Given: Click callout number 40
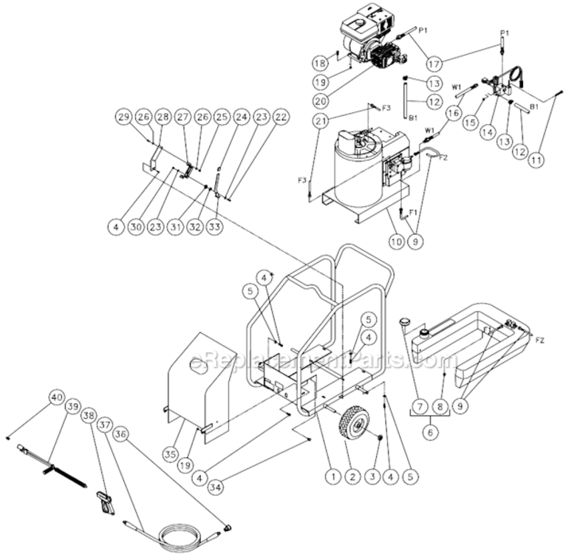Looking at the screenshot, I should coord(55,397).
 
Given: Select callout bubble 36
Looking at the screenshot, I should coord(121,436).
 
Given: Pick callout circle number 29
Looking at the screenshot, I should coord(123,117).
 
